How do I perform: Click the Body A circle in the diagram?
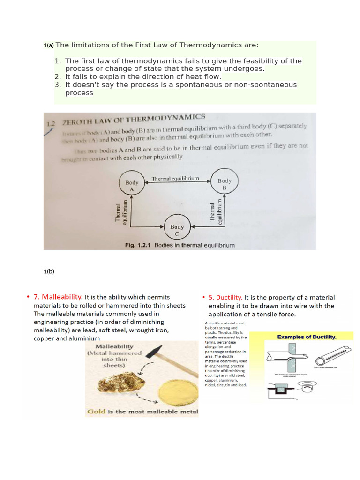(132, 185)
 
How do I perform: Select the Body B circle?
(224, 184)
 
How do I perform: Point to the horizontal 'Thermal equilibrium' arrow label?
(176, 179)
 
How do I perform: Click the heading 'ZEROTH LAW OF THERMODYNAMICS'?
(134, 120)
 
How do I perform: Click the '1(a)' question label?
(49, 45)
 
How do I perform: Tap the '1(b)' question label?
(49, 270)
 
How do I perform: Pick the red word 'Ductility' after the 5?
(229, 297)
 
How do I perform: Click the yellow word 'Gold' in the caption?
(96, 412)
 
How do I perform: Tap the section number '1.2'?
(51, 124)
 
